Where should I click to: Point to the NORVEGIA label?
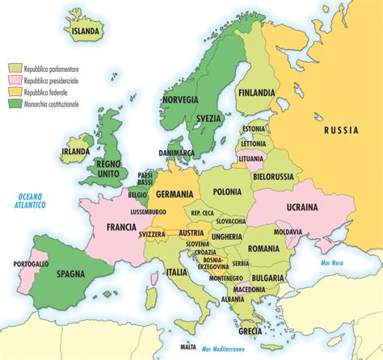pos(179,100)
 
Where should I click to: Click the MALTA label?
pos(188,347)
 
